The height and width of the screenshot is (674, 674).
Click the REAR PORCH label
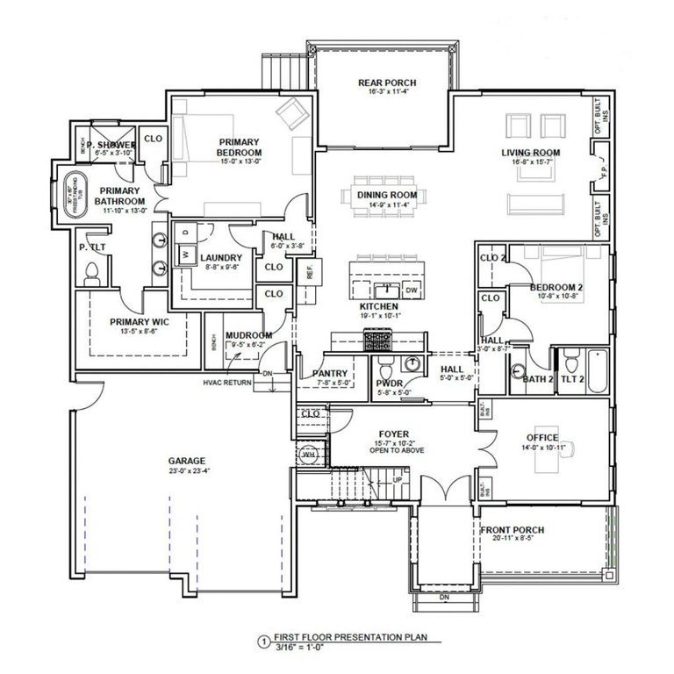coord(386,83)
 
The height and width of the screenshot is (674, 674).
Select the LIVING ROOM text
coord(531,153)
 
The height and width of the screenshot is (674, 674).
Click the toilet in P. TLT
coord(90,272)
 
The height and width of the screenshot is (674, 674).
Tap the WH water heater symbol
coord(309,454)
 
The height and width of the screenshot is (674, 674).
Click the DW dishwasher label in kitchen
coord(411,289)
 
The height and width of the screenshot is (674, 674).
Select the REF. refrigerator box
coord(310,273)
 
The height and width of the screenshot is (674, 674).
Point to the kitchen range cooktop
coord(378,339)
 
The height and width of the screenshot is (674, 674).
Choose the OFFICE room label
coord(542,436)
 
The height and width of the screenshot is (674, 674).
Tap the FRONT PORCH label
coord(512,530)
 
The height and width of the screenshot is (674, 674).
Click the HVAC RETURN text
coord(227,384)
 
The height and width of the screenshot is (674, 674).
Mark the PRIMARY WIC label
coord(140,322)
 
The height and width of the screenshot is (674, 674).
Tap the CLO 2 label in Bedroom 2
coord(493,257)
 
